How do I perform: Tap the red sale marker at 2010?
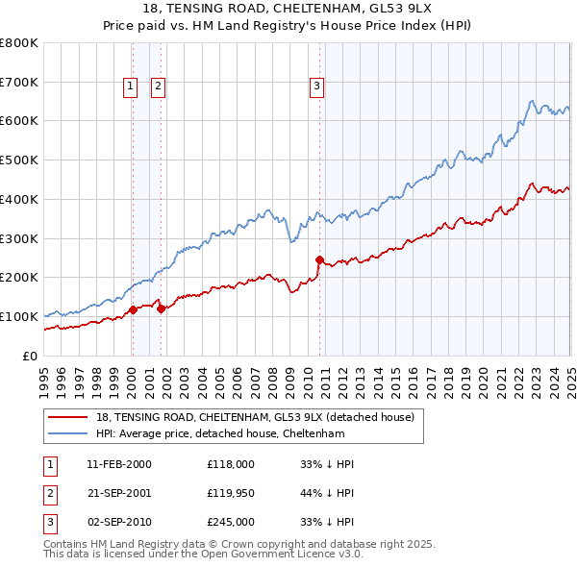[318, 259]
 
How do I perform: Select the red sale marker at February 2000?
[133, 308]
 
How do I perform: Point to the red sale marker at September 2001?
[161, 308]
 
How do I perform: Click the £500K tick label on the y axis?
[19, 160]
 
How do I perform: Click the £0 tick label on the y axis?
[30, 356]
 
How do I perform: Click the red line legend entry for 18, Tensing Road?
[255, 417]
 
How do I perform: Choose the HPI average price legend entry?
[229, 433]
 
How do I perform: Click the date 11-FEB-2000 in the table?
[119, 464]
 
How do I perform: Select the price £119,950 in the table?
[231, 493]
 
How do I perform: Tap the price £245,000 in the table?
[231, 522]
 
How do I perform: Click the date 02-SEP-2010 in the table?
[119, 522]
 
